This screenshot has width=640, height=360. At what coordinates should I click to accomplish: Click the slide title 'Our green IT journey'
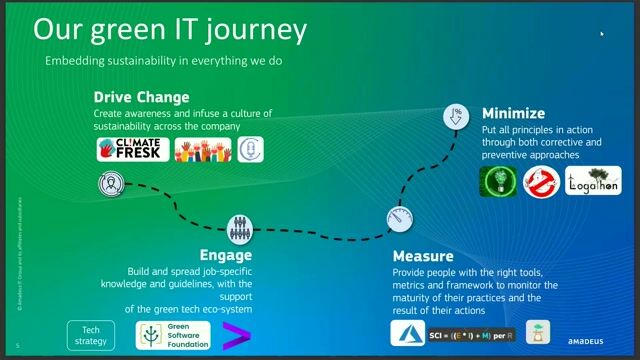click(170, 29)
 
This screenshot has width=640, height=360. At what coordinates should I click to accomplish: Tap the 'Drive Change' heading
click(141, 97)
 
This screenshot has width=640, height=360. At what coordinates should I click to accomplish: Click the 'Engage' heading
click(225, 255)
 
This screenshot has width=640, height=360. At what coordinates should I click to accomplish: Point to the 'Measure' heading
click(422, 256)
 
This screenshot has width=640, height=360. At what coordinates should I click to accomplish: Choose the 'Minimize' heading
click(513, 113)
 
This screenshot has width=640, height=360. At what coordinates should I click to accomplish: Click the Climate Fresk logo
click(133, 150)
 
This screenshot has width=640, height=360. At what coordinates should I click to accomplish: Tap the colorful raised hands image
click(203, 150)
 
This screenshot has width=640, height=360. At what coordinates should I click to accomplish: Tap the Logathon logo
click(593, 180)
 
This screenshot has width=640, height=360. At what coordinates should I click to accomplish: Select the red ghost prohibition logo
click(541, 181)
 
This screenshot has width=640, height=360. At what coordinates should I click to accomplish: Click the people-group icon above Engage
click(238, 227)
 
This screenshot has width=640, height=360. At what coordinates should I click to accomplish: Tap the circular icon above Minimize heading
click(457, 117)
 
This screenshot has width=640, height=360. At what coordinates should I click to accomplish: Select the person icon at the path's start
click(110, 183)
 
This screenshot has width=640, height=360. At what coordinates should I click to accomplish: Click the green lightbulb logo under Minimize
click(498, 181)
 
